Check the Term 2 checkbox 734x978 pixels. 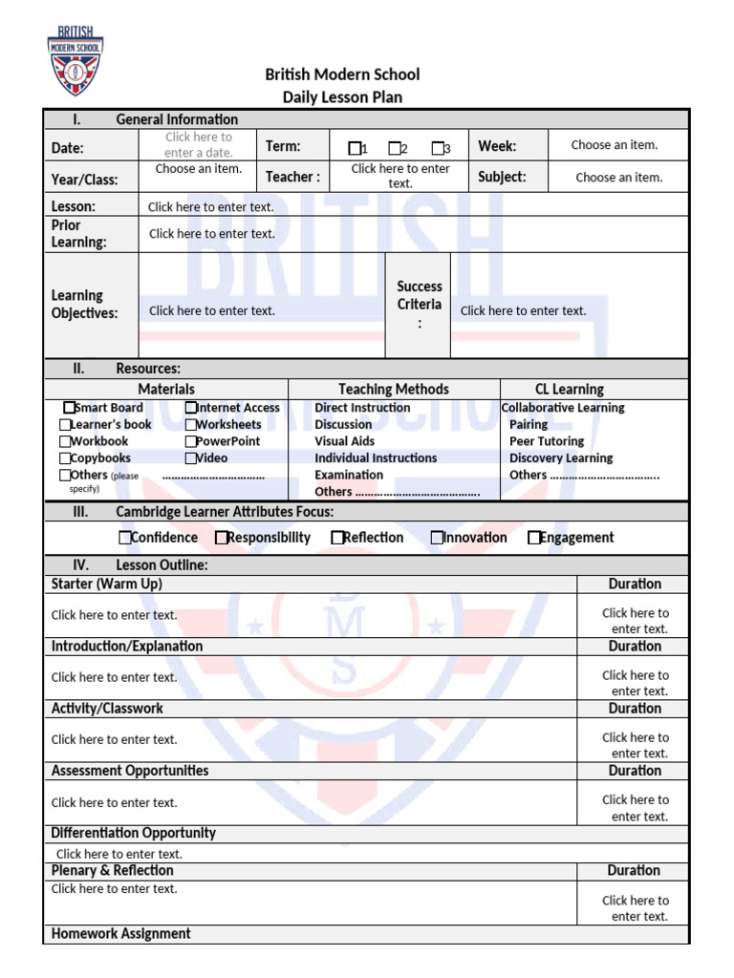(x=394, y=148)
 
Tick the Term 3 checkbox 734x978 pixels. (x=437, y=148)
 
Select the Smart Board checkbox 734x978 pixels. (x=69, y=408)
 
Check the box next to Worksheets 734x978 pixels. (x=191, y=425)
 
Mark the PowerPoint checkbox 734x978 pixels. (x=191, y=442)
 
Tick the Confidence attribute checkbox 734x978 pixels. (x=125, y=538)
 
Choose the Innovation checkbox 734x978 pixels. (x=437, y=538)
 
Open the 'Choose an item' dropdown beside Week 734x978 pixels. (x=615, y=145)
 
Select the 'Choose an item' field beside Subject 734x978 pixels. (x=618, y=178)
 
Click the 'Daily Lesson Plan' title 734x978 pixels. (x=342, y=96)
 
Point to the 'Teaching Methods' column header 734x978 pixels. (x=393, y=389)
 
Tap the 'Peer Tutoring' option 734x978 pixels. (x=547, y=441)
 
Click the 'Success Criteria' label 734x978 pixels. (x=420, y=295)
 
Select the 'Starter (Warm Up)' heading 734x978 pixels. (x=107, y=584)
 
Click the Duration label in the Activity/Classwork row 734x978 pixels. (x=634, y=709)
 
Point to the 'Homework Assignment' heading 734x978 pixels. (x=120, y=934)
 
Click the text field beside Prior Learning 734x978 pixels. (x=211, y=233)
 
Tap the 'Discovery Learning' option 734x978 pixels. (x=561, y=458)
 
